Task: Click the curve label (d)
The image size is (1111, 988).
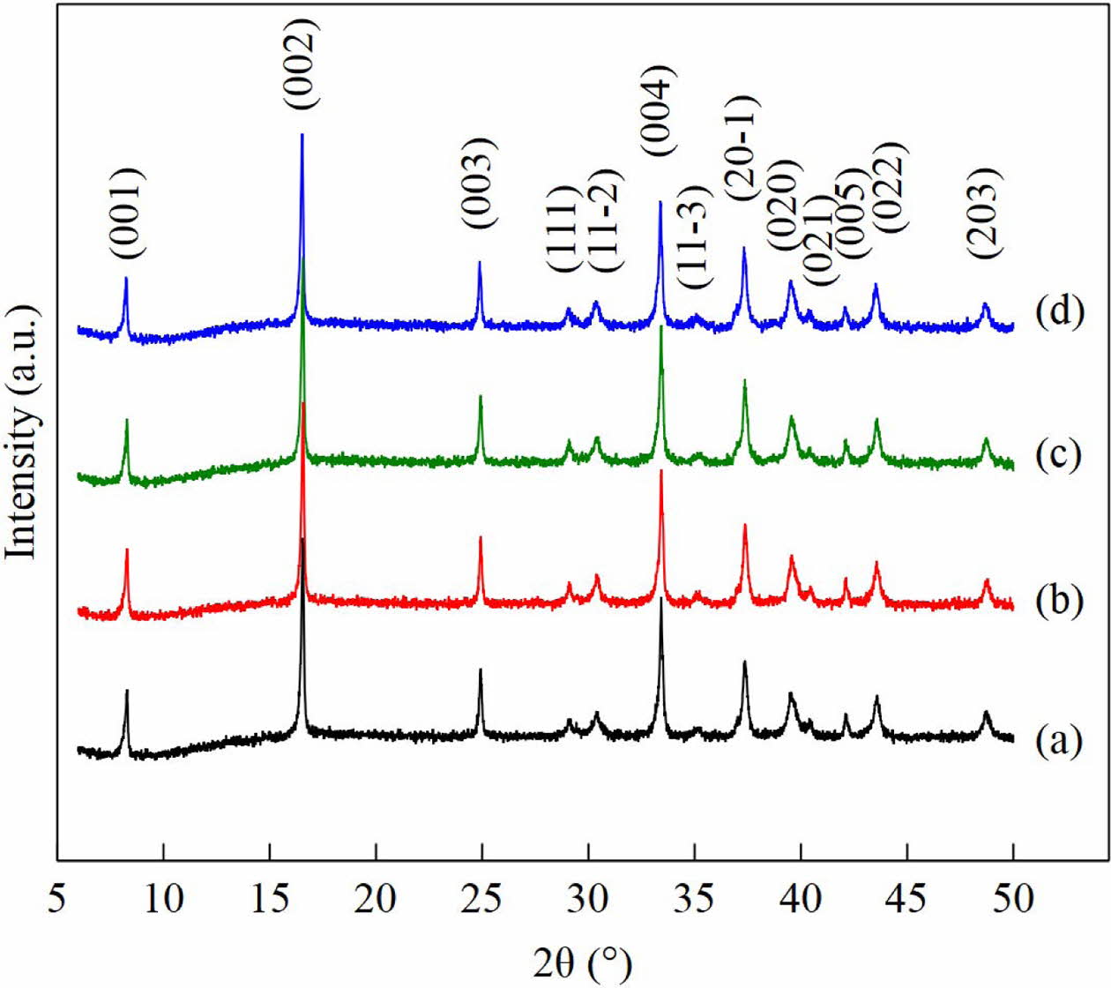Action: (x=1058, y=312)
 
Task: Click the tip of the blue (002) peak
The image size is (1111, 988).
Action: (x=302, y=134)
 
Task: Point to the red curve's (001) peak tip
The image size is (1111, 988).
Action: (x=127, y=550)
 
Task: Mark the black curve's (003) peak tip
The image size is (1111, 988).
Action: (x=481, y=670)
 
